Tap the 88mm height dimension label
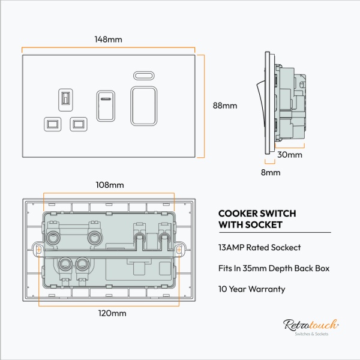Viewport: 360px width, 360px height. [x=225, y=106]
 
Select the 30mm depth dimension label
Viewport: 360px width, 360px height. [x=290, y=154]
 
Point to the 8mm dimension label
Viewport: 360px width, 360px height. [x=271, y=173]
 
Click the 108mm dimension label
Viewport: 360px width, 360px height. [x=109, y=185]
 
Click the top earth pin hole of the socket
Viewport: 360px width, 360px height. [x=66, y=98]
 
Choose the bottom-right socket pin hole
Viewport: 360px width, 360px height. [x=78, y=124]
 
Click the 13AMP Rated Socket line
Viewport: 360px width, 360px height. [x=259, y=247]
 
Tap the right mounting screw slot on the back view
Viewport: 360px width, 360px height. [x=181, y=248]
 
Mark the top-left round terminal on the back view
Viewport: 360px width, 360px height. [x=53, y=238]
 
